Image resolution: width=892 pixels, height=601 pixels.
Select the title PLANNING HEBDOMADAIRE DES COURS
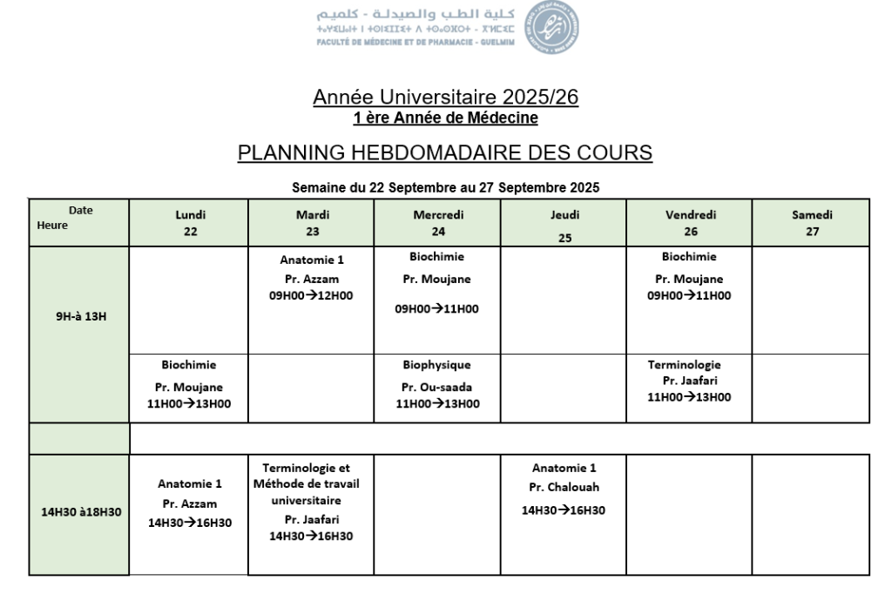(x=445, y=153)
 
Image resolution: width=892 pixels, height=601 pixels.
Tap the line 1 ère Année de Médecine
(x=445, y=117)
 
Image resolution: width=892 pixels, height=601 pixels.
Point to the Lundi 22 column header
(x=191, y=223)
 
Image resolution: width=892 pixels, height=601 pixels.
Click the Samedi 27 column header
(x=811, y=223)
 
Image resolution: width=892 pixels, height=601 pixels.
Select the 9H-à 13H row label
(x=79, y=316)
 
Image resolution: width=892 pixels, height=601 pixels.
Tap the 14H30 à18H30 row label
(x=79, y=512)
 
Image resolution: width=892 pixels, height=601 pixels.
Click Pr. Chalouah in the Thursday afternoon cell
(x=564, y=487)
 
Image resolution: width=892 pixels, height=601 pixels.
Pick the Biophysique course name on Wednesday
(x=437, y=366)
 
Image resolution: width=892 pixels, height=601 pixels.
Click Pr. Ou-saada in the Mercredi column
(x=437, y=387)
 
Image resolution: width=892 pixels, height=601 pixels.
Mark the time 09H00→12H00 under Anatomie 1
(x=311, y=295)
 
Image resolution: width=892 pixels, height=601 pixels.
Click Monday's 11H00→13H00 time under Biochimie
(x=190, y=403)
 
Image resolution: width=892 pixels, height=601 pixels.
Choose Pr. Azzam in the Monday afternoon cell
(x=190, y=503)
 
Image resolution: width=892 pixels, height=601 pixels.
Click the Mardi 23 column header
(x=312, y=223)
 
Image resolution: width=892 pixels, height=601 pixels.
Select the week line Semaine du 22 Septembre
(x=445, y=186)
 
